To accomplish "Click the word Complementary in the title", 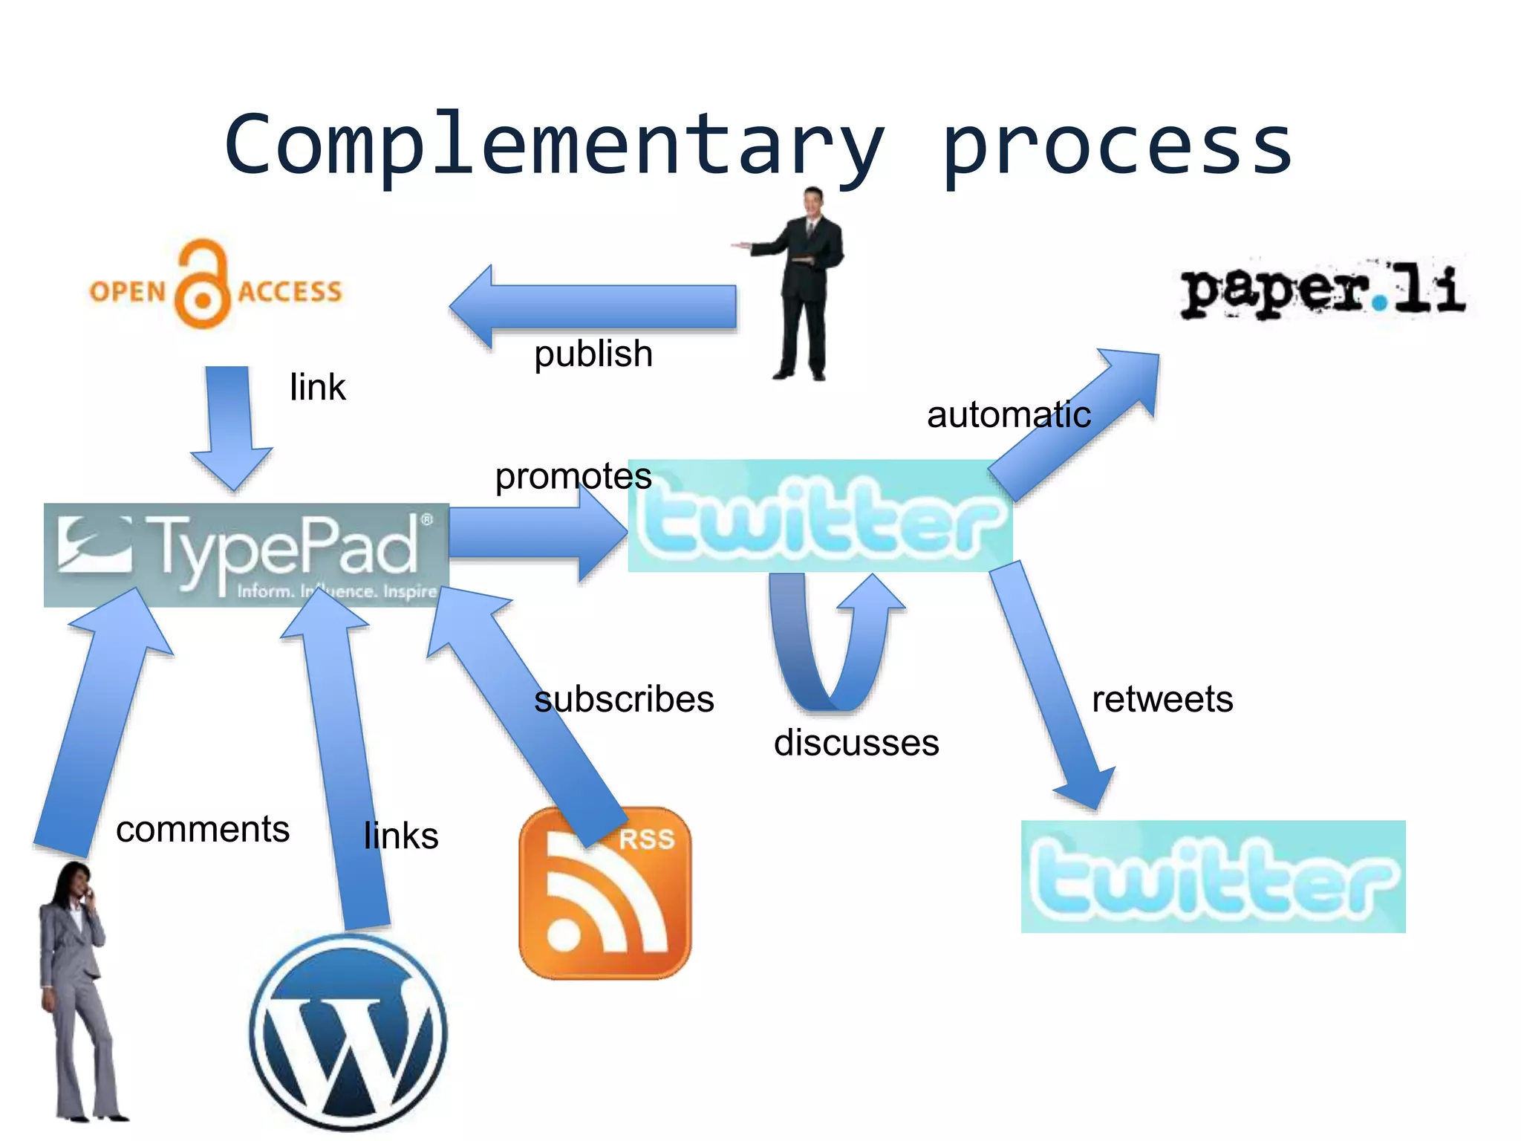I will [x=553, y=145].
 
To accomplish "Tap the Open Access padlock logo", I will [x=215, y=286].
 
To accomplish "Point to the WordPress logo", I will [x=349, y=1033].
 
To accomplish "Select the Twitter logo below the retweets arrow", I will [x=1213, y=877].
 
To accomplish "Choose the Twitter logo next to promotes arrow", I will [x=820, y=516].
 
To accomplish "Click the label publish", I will [x=593, y=354].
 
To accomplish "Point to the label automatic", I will [x=1009, y=415].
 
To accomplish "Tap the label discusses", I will [x=856, y=743].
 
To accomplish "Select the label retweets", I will [x=1162, y=699].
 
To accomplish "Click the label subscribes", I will [x=624, y=699].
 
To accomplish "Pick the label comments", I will [x=203, y=829].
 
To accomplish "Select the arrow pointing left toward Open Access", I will [x=594, y=306].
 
